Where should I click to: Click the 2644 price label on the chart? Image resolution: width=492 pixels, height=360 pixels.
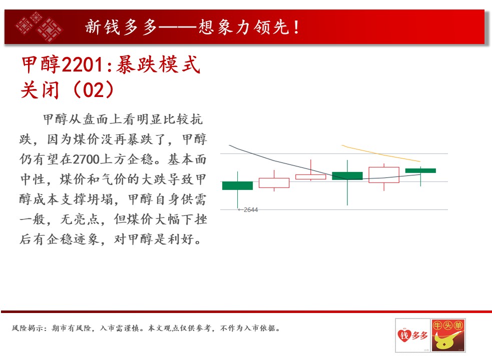coord(251,210)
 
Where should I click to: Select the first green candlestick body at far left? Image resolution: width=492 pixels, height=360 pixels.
coord(238,185)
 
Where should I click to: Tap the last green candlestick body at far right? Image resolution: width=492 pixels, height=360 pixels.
coord(420,170)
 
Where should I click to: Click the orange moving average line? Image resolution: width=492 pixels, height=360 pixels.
coord(381,153)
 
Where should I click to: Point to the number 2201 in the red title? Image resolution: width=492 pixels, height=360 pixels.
coord(83,65)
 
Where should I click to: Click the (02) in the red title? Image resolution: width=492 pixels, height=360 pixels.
coord(94,90)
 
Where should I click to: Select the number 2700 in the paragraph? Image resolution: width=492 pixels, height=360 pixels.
coord(86,159)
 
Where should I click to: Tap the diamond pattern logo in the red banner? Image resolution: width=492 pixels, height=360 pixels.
coord(39,26)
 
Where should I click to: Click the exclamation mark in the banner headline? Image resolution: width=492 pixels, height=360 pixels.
coord(296,27)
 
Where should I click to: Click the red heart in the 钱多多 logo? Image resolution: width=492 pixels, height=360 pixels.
coord(404,335)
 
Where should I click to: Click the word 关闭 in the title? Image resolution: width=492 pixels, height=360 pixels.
coord(40,90)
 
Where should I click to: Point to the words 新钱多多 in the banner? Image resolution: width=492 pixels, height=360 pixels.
coord(121,27)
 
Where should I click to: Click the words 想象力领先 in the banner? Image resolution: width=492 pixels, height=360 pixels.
coord(244,27)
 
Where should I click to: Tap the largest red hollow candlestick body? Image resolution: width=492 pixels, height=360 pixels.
coord(384,174)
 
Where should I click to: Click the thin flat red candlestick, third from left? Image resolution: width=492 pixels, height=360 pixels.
coord(311,177)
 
